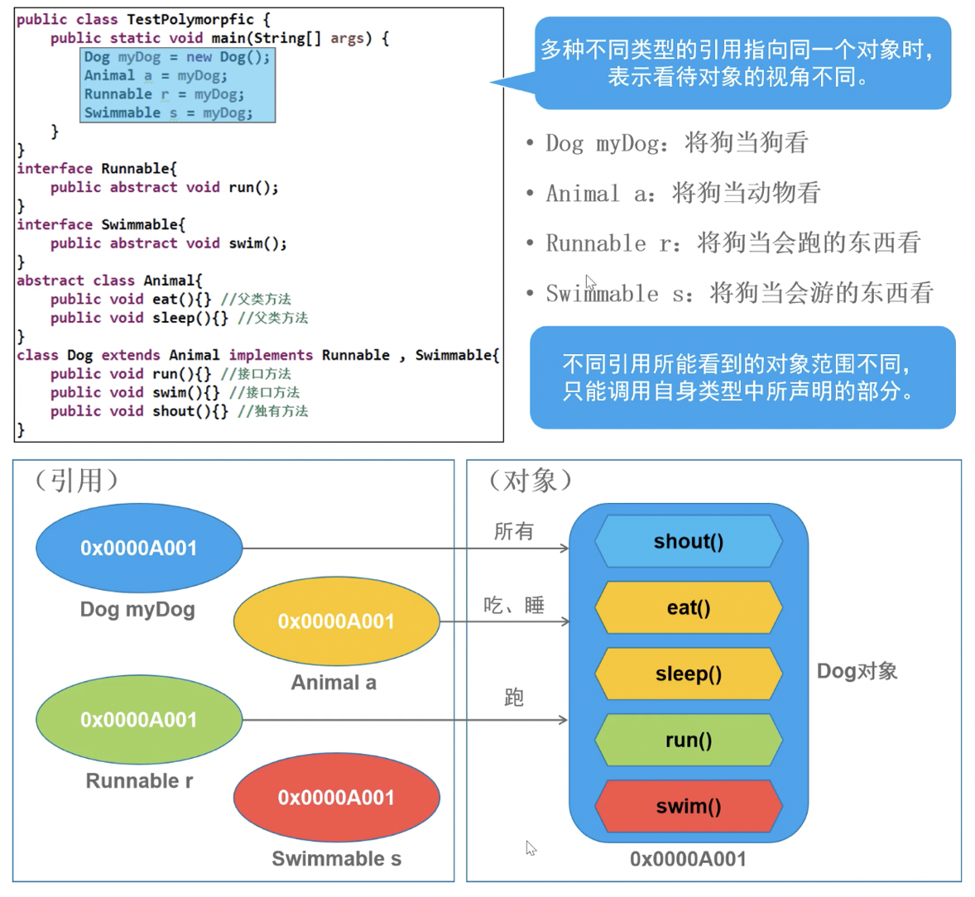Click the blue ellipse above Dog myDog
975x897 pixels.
pos(139,548)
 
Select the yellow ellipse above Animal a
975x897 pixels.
pos(336,621)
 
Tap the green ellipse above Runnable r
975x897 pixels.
pos(139,720)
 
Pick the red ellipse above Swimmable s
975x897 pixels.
pos(336,797)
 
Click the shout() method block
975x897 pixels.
pos(689,541)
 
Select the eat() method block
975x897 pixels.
pos(689,607)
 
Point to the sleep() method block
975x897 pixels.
pos(689,674)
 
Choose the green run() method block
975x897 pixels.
pos(689,740)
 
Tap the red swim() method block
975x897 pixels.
pos(689,806)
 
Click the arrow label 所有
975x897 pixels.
pos(514,531)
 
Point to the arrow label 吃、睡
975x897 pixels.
pos(514,606)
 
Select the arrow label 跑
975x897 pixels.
pos(514,698)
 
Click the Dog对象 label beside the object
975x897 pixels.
pos(857,671)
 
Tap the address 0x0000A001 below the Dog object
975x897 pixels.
pos(688,859)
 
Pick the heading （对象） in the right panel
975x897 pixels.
pos(530,480)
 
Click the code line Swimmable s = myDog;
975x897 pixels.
pos(168,113)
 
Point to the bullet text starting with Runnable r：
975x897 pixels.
pos(732,243)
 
